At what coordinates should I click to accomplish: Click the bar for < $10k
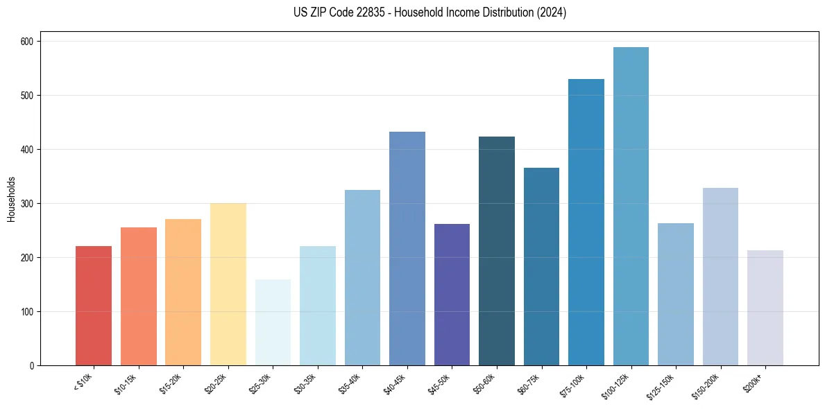(x=94, y=306)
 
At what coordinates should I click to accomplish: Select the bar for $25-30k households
(x=273, y=322)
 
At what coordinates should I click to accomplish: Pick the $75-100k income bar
(x=586, y=222)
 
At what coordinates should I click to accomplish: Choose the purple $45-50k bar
(x=452, y=295)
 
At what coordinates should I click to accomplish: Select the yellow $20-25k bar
(x=228, y=284)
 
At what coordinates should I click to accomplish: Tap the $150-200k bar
(x=720, y=277)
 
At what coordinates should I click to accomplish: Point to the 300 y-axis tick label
(x=28, y=204)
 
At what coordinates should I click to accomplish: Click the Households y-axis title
(x=12, y=198)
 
